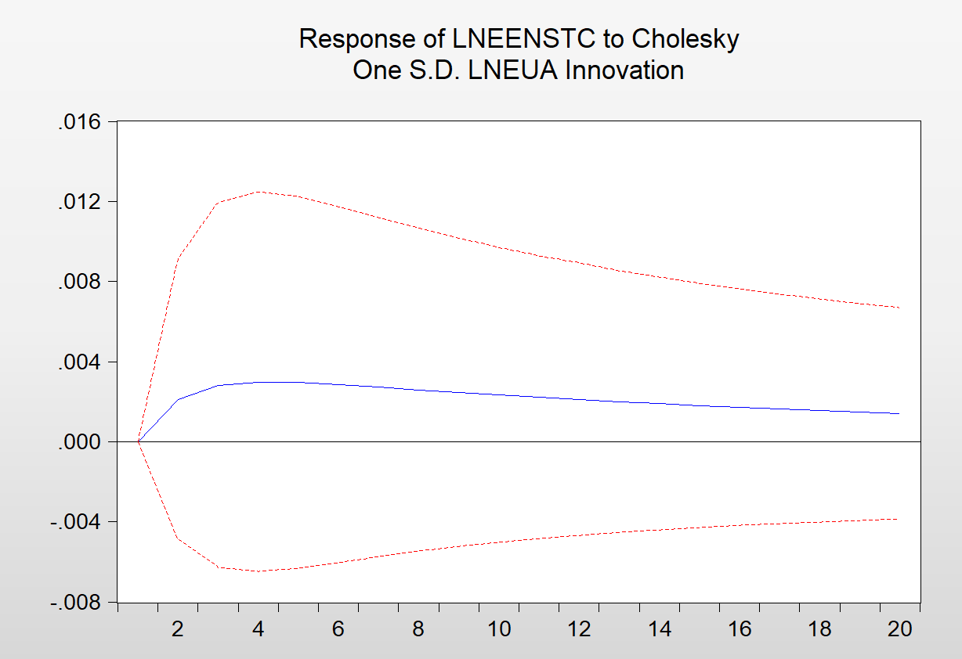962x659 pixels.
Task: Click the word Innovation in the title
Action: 624,70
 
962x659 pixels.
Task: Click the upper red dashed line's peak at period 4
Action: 259,191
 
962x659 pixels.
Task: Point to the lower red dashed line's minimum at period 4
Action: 259,571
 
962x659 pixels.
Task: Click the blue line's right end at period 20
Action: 899,413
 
